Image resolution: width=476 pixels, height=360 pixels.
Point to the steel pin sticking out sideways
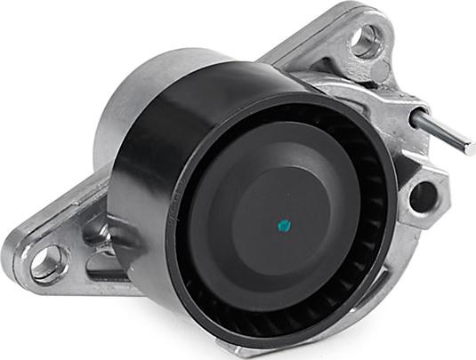coord(441,129)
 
